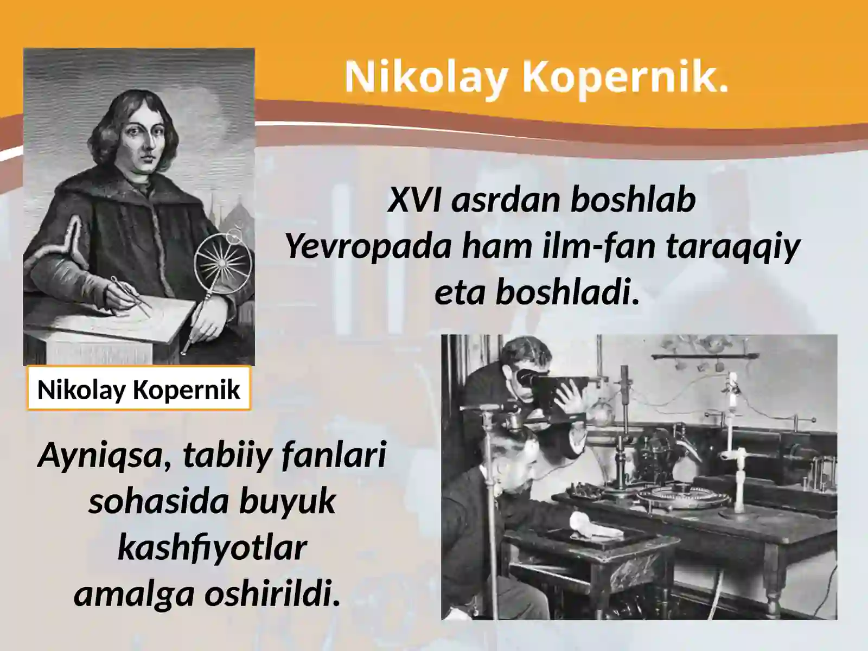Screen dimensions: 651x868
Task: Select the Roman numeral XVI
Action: coord(416,200)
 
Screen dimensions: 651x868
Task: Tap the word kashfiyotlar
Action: coord(212,548)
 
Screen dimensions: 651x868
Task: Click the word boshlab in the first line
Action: coord(633,200)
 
